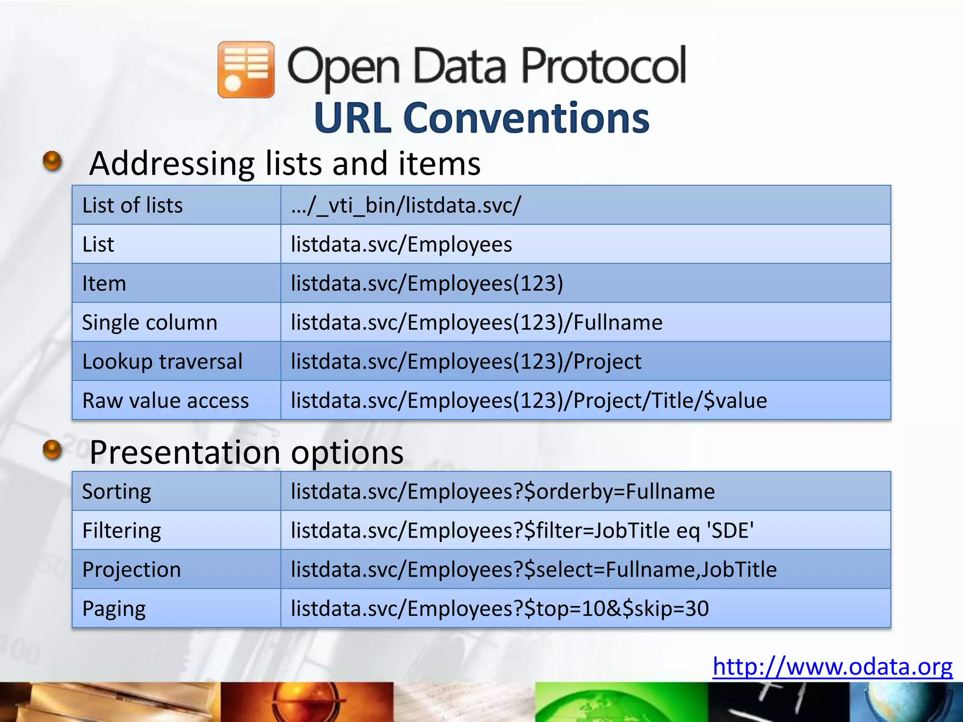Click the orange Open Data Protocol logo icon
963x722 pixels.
pyautogui.click(x=246, y=70)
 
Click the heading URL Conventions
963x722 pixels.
pyautogui.click(x=481, y=118)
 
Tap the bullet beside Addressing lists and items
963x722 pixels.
pyautogui.click(x=52, y=161)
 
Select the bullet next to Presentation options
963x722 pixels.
pyautogui.click(x=52, y=450)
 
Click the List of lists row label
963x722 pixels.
pyautogui.click(x=132, y=205)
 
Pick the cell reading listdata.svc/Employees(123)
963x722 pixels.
pyautogui.click(x=426, y=283)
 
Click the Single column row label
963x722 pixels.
pyautogui.click(x=150, y=322)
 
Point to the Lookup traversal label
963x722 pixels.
pyautogui.click(x=162, y=361)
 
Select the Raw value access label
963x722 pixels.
pyautogui.click(x=166, y=400)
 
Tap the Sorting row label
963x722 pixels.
pyautogui.click(x=117, y=492)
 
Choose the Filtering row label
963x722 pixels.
pyautogui.click(x=121, y=531)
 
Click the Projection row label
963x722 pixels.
pyautogui.click(x=132, y=570)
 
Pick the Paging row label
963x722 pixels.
pyautogui.click(x=114, y=609)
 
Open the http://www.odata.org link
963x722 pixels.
pyautogui.click(x=832, y=667)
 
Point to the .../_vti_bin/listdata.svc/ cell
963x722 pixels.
pyautogui.click(x=406, y=205)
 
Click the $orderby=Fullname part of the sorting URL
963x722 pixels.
pyautogui.click(x=619, y=492)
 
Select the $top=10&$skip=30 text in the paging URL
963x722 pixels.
pyautogui.click(x=616, y=609)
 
